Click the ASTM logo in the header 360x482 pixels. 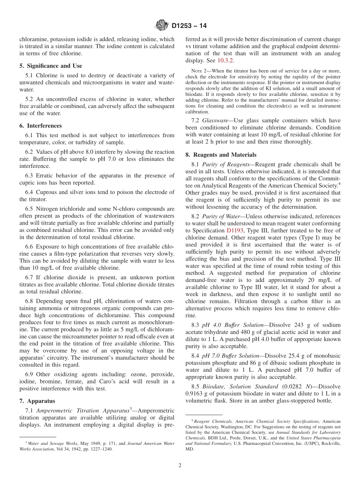click(x=162, y=26)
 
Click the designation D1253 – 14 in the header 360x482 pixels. click(x=189, y=26)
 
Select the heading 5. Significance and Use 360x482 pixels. click(x=50, y=66)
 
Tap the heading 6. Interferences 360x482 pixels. click(x=41, y=126)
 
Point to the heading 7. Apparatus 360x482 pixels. click(x=37, y=401)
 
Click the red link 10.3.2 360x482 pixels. click(x=225, y=61)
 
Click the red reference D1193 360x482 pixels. click(x=235, y=230)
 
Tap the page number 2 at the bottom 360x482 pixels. click(x=180, y=465)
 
